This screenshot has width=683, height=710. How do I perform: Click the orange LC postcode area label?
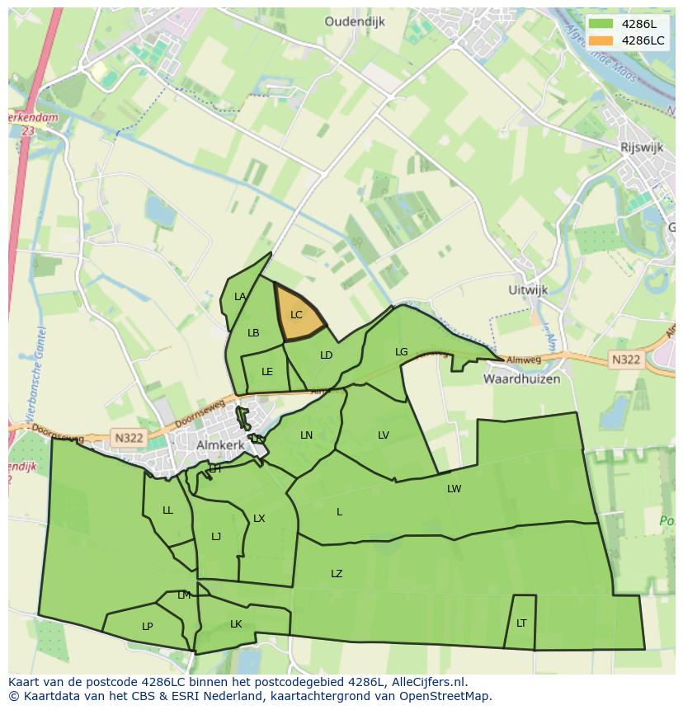(x=296, y=315)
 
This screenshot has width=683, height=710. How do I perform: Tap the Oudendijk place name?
(x=355, y=22)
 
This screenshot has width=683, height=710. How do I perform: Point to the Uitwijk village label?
(x=528, y=291)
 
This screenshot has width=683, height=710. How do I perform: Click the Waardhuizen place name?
(x=521, y=379)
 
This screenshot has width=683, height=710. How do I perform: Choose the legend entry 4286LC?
(x=643, y=40)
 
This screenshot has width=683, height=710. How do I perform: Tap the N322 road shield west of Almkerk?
(x=129, y=438)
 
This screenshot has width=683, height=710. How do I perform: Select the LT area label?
(x=521, y=623)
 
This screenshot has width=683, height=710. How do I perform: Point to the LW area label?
(x=454, y=489)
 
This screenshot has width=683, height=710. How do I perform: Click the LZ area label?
(x=337, y=574)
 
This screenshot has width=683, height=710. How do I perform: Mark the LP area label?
(x=147, y=627)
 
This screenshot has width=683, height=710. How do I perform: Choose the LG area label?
(x=401, y=352)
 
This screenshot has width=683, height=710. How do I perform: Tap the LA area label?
(x=240, y=297)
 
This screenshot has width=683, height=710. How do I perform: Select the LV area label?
(x=383, y=435)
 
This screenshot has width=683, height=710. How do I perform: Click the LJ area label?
(x=216, y=537)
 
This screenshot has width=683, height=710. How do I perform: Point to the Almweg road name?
(x=524, y=360)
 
